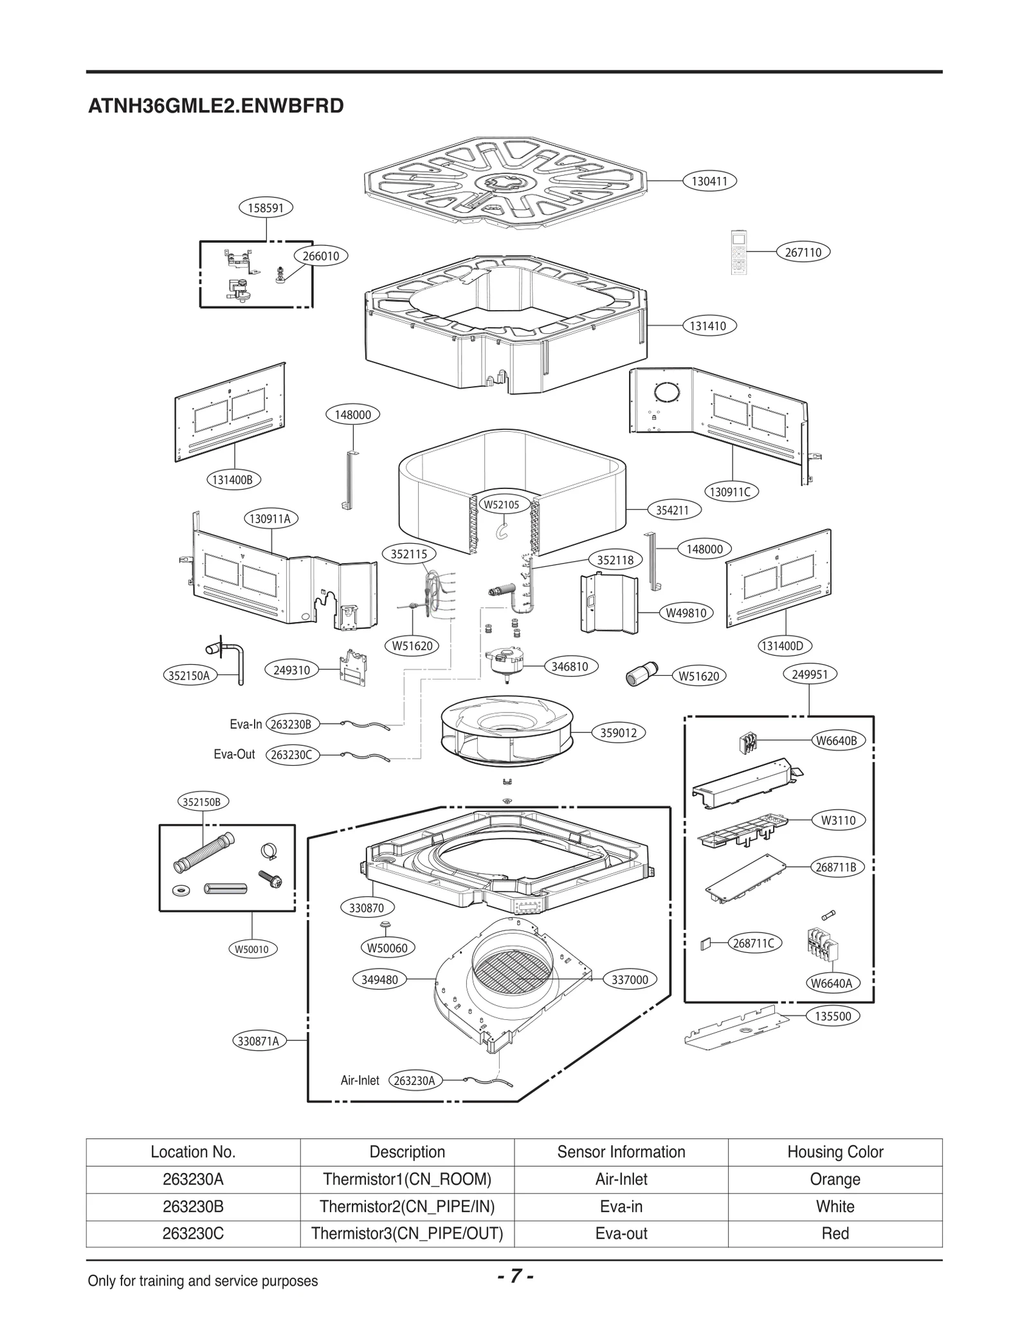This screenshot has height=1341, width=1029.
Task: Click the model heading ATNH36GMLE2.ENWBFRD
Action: [215, 106]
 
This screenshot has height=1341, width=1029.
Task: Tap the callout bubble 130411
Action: [709, 181]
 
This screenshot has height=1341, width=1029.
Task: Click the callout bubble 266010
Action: [321, 256]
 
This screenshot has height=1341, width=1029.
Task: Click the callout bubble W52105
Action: [501, 505]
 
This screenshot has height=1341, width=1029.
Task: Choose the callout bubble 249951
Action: [810, 674]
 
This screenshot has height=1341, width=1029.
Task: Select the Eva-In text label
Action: [246, 725]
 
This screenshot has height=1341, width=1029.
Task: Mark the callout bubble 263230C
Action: [291, 755]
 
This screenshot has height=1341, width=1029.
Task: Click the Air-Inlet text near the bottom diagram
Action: [360, 1080]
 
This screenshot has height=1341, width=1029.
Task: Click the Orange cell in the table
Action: [835, 1179]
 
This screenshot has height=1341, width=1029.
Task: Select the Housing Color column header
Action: [835, 1152]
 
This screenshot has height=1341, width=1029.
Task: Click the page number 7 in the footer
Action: [514, 1276]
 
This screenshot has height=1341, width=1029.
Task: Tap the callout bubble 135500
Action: [832, 1017]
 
